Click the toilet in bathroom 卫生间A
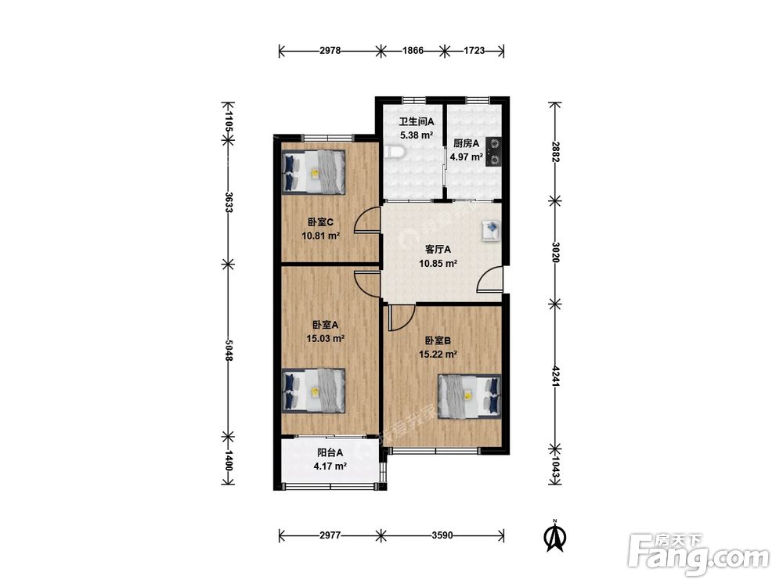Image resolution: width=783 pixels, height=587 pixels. point(394,151)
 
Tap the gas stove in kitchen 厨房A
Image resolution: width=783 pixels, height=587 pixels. point(494,152)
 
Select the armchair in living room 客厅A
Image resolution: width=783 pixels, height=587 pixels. point(492,231)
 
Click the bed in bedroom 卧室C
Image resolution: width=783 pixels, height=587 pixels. point(313,172)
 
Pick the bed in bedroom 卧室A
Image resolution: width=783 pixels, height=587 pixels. point(314,391)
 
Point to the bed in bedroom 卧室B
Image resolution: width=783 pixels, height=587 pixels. point(469,395)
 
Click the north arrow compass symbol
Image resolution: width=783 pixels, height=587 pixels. point(554,535)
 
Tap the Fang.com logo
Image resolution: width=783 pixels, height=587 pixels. point(698,554)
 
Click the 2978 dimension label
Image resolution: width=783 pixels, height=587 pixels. point(330,50)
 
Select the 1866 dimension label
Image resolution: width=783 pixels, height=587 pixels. point(413,50)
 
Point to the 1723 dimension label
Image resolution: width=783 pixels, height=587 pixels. point(474,50)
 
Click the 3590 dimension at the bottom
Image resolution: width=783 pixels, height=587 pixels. point(442,535)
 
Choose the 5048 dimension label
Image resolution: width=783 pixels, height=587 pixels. point(229,350)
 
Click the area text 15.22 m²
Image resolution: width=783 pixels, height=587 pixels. point(438,355)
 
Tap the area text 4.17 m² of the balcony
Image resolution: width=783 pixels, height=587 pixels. point(330,466)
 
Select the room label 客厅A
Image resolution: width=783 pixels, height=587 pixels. point(438,249)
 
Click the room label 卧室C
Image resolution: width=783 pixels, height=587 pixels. point(320,222)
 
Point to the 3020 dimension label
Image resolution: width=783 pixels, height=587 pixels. point(555,252)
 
